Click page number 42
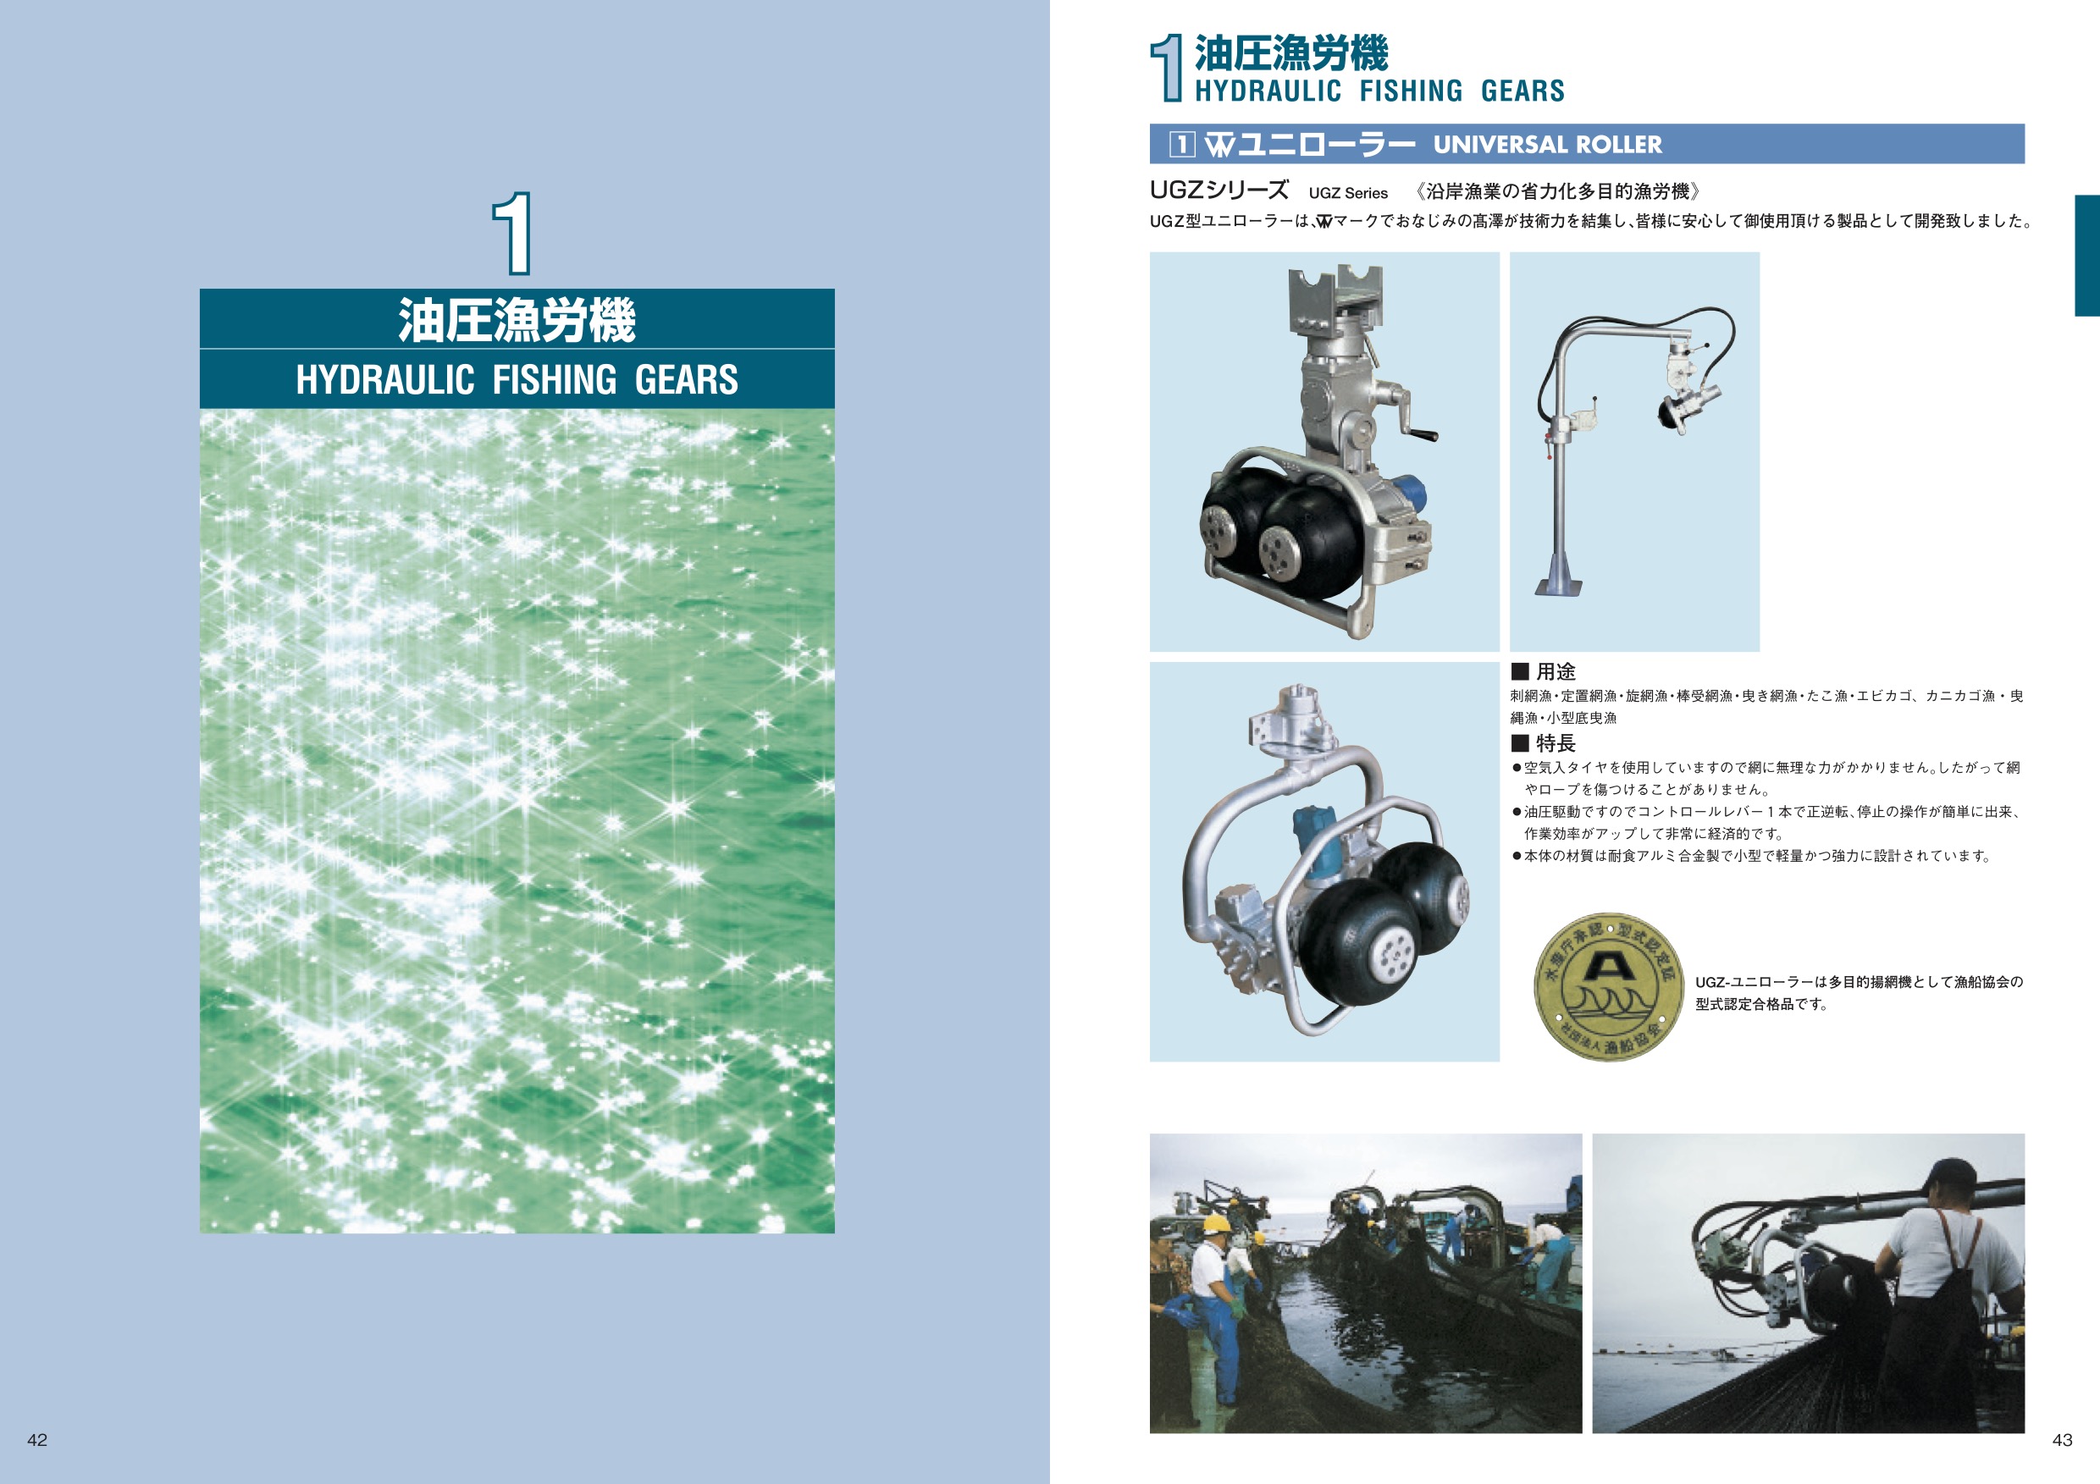[x=37, y=1440]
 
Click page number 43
[x=2063, y=1440]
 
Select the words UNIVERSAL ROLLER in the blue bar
[x=1548, y=145]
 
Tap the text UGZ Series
[x=1348, y=193]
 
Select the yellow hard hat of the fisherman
[x=1216, y=1223]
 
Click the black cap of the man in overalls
[x=1954, y=1177]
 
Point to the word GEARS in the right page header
[x=1522, y=91]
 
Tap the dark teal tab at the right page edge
[x=2087, y=255]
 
